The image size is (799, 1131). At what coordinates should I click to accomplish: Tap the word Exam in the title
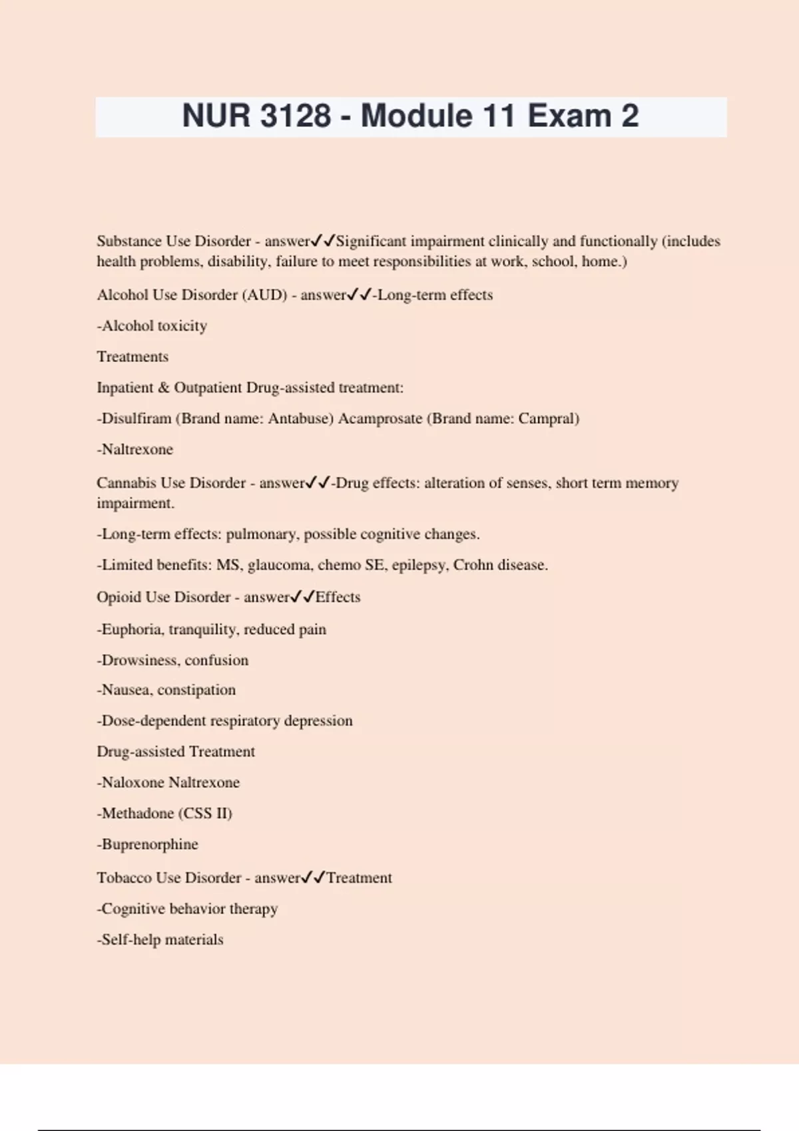[x=569, y=116]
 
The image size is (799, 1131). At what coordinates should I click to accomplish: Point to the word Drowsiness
[x=138, y=660]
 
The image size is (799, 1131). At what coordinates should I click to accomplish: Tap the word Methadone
[x=137, y=813]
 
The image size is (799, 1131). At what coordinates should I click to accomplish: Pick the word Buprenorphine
[x=150, y=844]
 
